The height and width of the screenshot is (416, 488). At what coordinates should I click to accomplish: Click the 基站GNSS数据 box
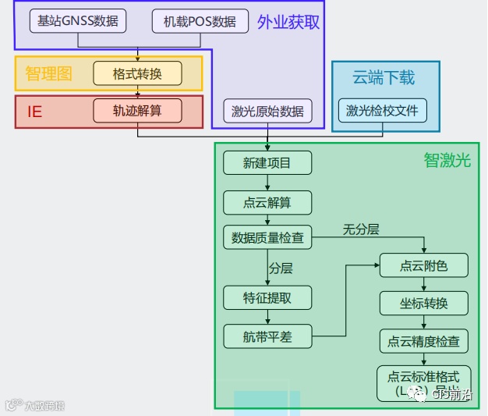78,21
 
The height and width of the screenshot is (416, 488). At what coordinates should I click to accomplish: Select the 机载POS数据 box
200,21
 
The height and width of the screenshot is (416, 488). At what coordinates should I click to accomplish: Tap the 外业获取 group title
288,22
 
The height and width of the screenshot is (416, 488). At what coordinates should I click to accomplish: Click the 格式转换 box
137,73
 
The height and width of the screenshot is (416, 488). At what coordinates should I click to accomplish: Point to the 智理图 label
48,73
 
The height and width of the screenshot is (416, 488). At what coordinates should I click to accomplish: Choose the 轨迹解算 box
137,110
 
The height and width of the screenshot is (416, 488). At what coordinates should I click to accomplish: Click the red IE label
34,111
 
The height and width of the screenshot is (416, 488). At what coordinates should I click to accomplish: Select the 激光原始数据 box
267,111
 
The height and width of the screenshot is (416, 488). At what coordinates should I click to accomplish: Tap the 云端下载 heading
384,77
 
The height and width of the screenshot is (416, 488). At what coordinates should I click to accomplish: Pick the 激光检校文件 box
382,111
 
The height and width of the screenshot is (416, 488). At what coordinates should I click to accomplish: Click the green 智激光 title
447,161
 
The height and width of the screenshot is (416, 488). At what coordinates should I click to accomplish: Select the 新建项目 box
267,162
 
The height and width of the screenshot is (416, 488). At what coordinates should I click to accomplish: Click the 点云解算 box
267,203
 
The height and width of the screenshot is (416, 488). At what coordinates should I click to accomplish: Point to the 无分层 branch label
361,229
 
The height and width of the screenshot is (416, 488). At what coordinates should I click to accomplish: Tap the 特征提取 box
267,297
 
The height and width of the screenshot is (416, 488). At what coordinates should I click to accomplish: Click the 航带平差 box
267,336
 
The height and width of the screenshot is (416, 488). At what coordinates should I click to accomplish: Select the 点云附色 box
424,265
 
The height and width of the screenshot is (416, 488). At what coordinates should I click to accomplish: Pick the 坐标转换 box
424,303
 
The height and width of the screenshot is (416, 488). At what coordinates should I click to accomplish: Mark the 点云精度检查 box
424,340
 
